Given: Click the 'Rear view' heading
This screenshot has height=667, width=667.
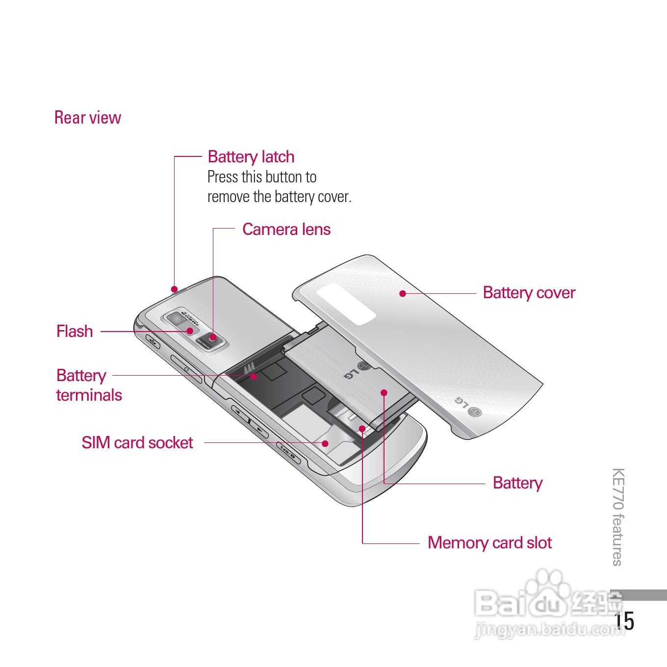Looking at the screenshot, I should [87, 118].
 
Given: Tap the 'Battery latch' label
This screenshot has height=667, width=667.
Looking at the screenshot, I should [251, 156].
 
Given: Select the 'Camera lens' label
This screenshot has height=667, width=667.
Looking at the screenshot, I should [286, 229].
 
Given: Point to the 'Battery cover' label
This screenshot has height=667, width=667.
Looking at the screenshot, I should [529, 292].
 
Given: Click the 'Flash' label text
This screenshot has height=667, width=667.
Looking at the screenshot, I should [75, 331].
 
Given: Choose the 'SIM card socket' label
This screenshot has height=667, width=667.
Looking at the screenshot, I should [137, 442].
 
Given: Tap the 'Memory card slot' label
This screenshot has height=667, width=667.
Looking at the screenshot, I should [489, 542].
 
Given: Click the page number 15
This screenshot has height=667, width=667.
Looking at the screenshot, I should [625, 621].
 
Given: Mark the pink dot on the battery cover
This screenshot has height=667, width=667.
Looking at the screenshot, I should [403, 293].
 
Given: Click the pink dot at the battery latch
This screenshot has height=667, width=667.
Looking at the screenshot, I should [174, 289].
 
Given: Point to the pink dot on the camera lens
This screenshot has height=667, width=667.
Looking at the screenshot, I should [213, 337].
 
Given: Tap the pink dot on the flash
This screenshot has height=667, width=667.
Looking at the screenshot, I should [190, 331].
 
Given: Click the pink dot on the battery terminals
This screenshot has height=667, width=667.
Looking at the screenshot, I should [254, 376].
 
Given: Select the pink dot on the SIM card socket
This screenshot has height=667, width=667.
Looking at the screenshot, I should [325, 443].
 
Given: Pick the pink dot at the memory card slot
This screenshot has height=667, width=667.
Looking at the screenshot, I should [362, 429].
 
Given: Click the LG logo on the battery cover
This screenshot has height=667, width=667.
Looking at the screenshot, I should [468, 407].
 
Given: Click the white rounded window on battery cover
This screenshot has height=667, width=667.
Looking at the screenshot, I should [346, 303].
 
